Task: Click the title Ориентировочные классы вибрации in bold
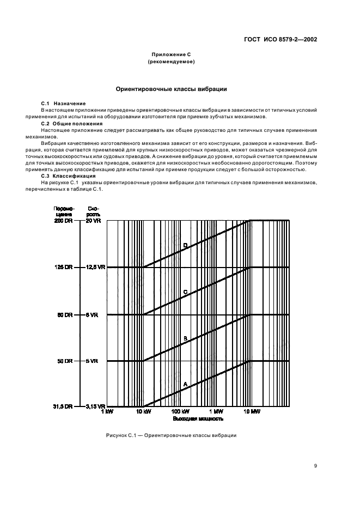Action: pos(172,89)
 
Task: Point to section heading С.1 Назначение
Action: pos(64,104)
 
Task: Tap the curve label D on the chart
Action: pos(185,245)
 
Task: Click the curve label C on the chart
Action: pos(185,292)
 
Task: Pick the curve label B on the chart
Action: pos(185,338)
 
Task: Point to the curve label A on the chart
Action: pos(185,384)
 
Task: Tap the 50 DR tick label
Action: pos(64,361)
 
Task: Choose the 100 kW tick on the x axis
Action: pos(180,412)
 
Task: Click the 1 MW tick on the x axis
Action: pos(215,412)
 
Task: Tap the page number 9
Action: pos(315,465)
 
